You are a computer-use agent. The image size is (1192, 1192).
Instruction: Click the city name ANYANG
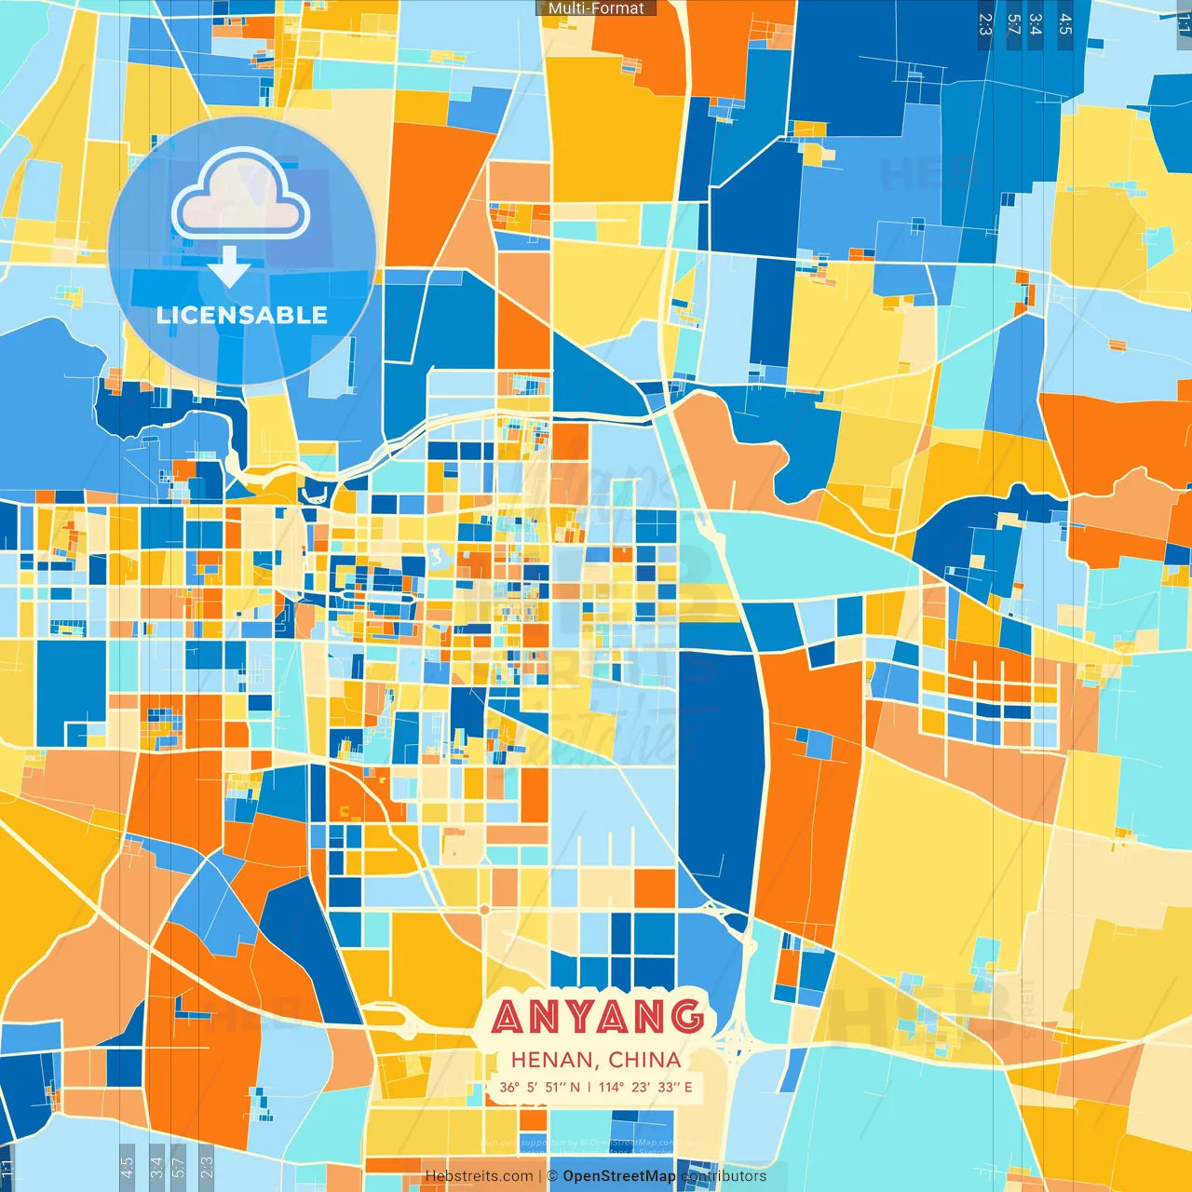(x=597, y=1016)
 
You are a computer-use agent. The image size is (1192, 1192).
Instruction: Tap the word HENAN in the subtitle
(x=553, y=1060)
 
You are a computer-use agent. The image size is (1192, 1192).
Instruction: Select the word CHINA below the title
(x=644, y=1060)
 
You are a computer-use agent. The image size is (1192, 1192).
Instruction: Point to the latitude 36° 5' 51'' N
(x=539, y=1087)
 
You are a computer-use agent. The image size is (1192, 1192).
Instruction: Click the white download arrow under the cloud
(x=229, y=267)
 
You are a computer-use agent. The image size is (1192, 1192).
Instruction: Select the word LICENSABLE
(x=242, y=315)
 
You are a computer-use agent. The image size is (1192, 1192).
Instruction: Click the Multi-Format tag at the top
(x=596, y=8)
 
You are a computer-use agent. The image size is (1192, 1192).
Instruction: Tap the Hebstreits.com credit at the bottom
(x=479, y=1176)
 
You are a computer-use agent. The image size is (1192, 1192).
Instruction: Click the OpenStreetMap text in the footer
(x=619, y=1176)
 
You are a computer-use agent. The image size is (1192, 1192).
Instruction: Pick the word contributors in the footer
(x=724, y=1176)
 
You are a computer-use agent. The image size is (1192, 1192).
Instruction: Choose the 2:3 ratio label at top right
(x=985, y=24)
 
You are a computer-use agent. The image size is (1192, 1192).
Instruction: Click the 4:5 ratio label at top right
(x=1065, y=24)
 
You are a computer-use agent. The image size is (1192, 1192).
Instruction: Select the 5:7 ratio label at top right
(x=1013, y=24)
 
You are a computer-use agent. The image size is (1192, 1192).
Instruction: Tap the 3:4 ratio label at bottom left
(x=156, y=1164)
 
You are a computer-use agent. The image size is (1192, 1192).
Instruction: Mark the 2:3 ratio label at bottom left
(x=206, y=1164)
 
